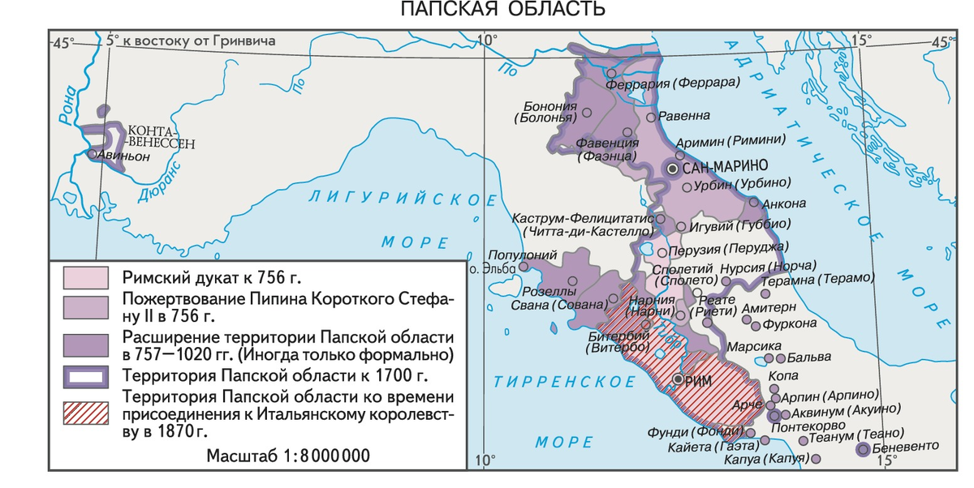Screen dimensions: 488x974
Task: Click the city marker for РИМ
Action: coord(679,379)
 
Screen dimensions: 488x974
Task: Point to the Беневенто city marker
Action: coord(864,449)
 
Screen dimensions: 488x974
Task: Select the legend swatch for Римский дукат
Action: coord(85,277)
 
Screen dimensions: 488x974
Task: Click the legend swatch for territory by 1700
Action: coord(85,376)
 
